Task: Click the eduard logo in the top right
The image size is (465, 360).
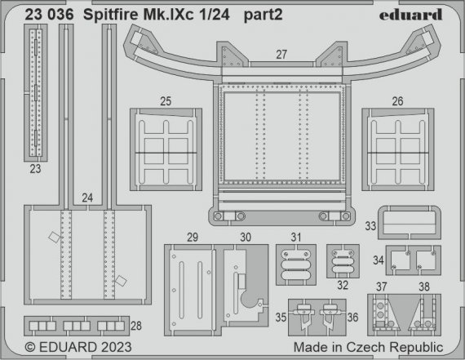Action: coord(413,14)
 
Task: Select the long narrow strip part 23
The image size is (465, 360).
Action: coord(35,94)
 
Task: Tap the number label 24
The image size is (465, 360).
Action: coord(87,197)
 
